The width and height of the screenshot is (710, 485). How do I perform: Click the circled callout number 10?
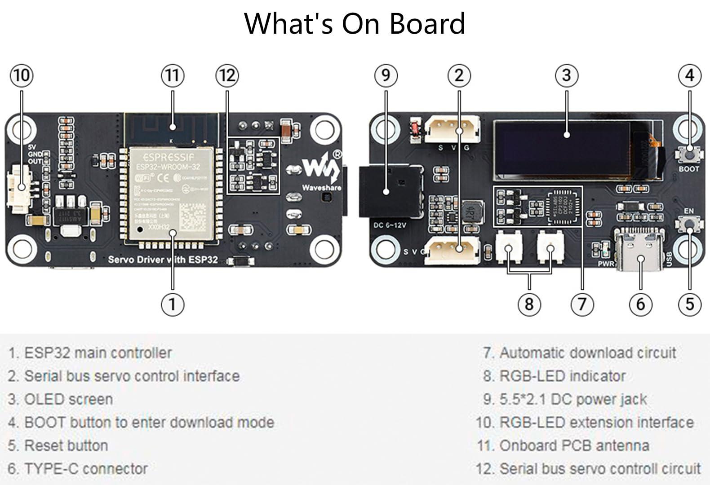[x=22, y=75]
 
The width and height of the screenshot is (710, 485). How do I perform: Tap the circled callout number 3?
[x=566, y=75]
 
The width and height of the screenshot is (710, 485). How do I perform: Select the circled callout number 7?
[x=582, y=304]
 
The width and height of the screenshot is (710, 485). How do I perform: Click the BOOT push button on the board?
[x=688, y=154]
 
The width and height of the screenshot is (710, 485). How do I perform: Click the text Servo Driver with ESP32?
[x=163, y=260]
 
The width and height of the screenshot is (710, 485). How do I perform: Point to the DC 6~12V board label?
[x=390, y=225]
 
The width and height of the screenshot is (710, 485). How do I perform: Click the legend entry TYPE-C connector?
[x=78, y=469]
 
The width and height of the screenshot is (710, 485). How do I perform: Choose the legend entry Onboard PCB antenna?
[x=564, y=445]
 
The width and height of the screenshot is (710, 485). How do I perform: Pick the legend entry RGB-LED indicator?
[x=555, y=376]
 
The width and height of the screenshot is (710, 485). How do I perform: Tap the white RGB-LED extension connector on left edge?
[x=17, y=189]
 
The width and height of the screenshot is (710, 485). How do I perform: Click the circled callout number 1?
[x=172, y=304]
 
